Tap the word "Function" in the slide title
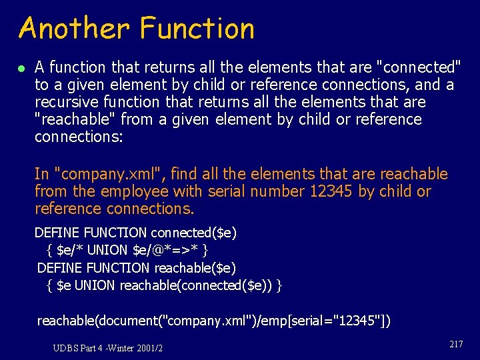coord(197,29)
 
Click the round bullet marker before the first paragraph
coord(21,68)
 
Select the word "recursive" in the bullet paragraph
coord(65,102)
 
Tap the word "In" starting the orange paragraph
coord(42,174)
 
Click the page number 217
coord(456,344)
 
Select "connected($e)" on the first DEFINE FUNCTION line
coord(193,233)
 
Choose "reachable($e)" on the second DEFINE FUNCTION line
coord(195,268)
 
